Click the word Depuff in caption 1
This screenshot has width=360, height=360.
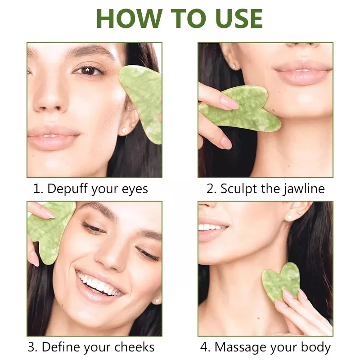(67, 189)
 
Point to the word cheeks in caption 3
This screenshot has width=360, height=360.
(134, 347)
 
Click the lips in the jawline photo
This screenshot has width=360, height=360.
(303, 71)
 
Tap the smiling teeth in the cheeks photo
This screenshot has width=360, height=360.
(99, 284)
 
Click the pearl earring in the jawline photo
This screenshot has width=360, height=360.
(234, 66)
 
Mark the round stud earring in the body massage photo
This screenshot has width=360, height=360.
(290, 217)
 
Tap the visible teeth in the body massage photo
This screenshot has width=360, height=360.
(211, 227)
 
